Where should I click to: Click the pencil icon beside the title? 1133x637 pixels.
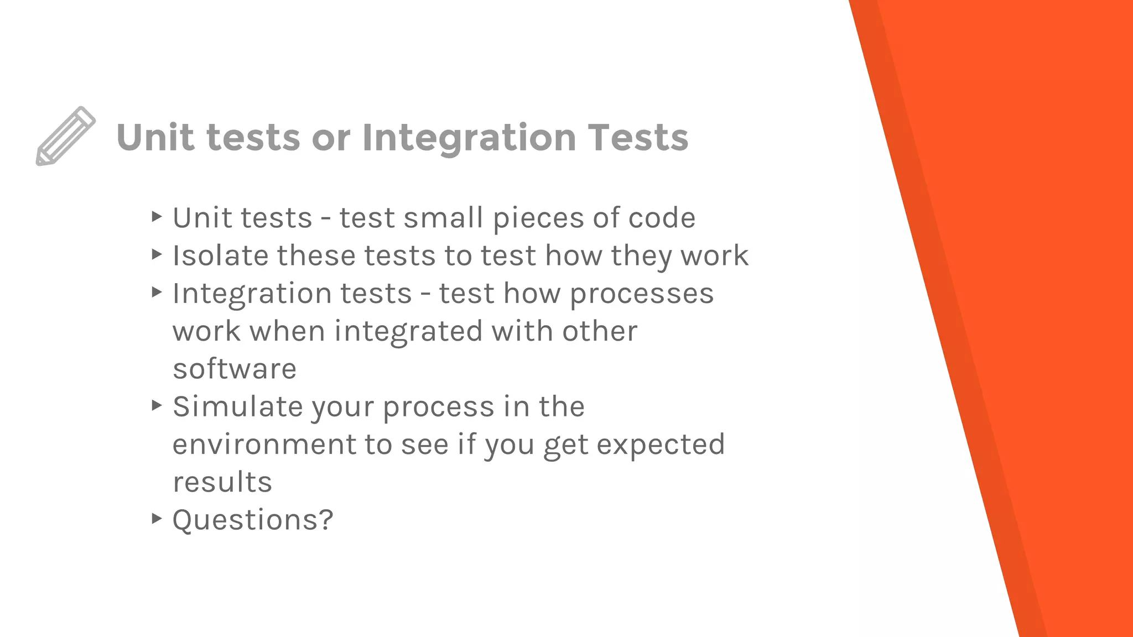[66, 136]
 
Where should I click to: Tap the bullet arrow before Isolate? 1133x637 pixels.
[157, 254]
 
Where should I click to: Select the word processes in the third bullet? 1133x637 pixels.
[642, 294]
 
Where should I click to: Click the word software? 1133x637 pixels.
[235, 369]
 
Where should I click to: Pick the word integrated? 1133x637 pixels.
[408, 331]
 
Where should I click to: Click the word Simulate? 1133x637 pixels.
[237, 407]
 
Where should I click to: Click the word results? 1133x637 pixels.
[222, 482]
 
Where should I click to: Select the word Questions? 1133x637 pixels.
[253, 520]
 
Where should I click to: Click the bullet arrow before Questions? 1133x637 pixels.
[157, 519]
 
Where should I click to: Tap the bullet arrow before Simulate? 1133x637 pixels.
[157, 406]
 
